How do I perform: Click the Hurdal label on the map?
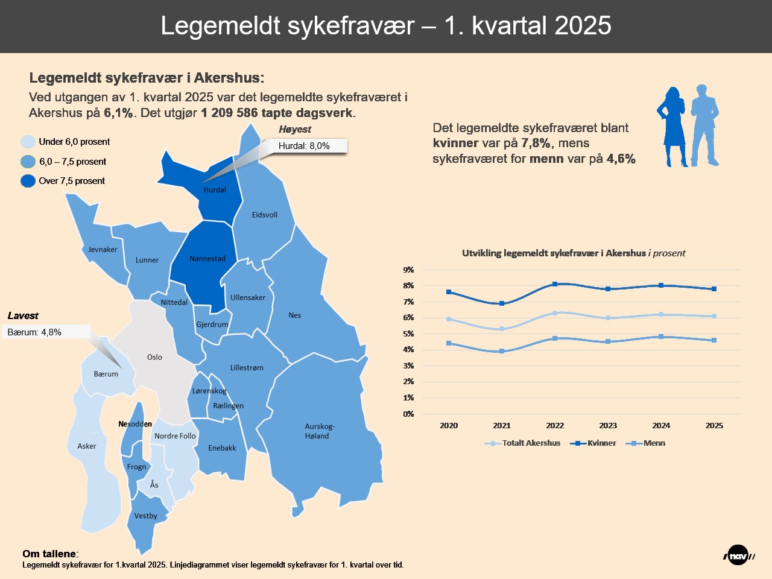click(x=215, y=189)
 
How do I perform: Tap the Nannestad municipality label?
click(x=207, y=259)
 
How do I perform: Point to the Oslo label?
click(x=154, y=357)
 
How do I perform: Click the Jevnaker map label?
click(x=103, y=249)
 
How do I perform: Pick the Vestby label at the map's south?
click(x=145, y=516)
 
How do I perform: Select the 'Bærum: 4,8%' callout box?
click(x=46, y=332)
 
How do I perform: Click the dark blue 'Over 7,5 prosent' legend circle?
click(x=28, y=181)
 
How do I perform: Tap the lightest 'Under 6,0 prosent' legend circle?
click(x=28, y=142)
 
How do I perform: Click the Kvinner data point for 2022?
click(x=555, y=284)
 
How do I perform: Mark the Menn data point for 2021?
click(x=502, y=351)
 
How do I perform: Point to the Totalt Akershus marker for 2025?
click(x=714, y=316)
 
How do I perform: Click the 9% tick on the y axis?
click(x=408, y=270)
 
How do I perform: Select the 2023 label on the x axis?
click(x=608, y=425)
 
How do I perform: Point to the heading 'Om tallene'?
click(x=49, y=554)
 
